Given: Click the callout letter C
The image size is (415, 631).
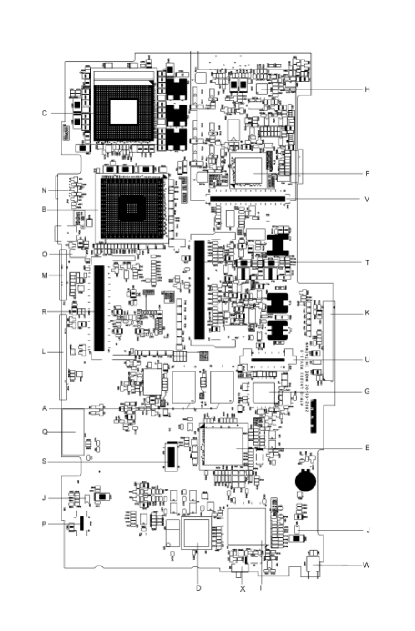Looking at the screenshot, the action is click(x=45, y=113).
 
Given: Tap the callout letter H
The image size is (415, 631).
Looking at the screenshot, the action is click(x=367, y=90).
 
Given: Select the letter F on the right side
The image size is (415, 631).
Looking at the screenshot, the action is click(x=367, y=174).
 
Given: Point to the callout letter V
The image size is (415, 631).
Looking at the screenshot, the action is click(x=367, y=199).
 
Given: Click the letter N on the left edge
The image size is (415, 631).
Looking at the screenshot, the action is click(x=45, y=191).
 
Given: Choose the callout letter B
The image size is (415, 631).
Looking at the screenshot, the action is click(x=45, y=210).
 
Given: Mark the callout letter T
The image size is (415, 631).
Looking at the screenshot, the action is click(x=367, y=263).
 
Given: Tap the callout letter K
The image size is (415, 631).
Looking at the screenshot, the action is click(x=367, y=313).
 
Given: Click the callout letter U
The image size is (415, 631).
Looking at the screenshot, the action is click(x=367, y=359).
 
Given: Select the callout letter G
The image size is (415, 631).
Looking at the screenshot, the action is click(x=367, y=391).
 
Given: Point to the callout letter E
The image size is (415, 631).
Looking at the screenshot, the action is click(x=367, y=448).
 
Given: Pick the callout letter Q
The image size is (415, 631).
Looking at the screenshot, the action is click(x=45, y=432).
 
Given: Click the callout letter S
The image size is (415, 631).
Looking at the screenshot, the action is click(x=45, y=461).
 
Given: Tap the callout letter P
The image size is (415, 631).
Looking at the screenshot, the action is click(x=45, y=524).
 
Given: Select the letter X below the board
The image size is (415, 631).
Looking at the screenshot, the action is click(x=243, y=589).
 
